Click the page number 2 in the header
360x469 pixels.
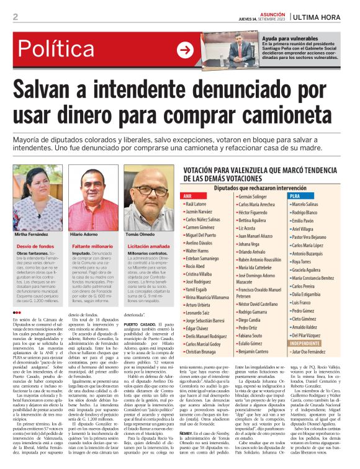pos(15,17)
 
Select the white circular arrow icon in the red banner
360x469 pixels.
pos(185,50)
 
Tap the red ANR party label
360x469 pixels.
pos(188,196)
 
